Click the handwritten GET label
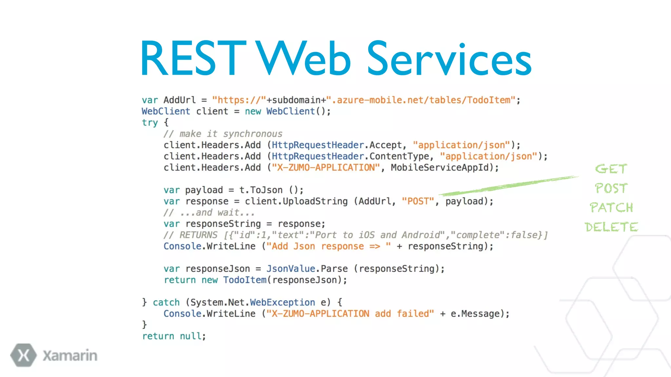click(611, 169)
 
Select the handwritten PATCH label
click(611, 207)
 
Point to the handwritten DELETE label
click(611, 227)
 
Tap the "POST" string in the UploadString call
click(418, 201)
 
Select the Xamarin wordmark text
click(70, 356)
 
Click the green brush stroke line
click(508, 186)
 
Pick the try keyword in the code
click(150, 123)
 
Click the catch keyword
click(166, 302)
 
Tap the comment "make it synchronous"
click(231, 134)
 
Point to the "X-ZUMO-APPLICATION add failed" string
click(350, 314)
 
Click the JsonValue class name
click(291, 269)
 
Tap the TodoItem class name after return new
click(245, 280)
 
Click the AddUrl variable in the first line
click(180, 100)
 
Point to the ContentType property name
click(399, 156)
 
